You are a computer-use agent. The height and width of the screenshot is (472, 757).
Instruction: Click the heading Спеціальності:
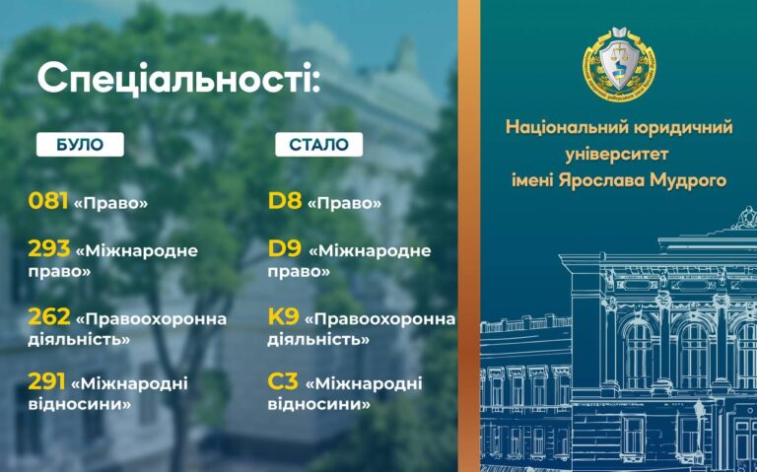pos(178,78)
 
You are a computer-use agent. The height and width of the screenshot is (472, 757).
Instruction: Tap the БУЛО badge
pos(80,144)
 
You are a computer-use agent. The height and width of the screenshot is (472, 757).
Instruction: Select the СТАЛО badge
pos(319,144)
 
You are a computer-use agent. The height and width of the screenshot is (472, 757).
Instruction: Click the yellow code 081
pos(47,201)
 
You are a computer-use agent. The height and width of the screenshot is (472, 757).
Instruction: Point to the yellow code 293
pos(49,249)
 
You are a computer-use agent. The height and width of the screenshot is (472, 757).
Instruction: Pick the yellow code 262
pos(49,317)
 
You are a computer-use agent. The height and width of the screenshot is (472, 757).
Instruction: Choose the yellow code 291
pos(47,381)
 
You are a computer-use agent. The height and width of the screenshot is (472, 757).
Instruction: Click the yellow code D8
pos(285,201)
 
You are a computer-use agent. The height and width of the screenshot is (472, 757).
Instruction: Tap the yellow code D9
pos(285,249)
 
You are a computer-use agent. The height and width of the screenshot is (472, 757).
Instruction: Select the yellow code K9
pos(284,317)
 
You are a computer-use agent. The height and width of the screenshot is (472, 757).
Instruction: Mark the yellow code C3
pos(283,381)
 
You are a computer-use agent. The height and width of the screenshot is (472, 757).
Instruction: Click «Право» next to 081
pos(110,203)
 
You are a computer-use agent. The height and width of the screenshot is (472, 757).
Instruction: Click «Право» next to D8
pos(344,203)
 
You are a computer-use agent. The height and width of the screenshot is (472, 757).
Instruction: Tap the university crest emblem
pos(619,64)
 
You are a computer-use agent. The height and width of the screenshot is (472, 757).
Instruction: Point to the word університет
pos(617,155)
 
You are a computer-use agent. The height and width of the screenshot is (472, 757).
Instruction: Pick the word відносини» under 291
pos(79,403)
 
